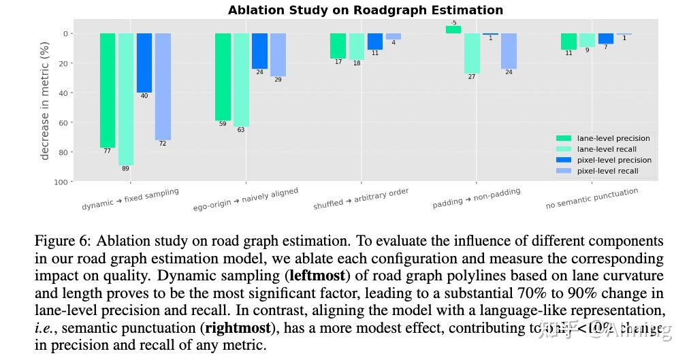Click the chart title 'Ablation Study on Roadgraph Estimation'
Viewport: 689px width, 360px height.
tap(366, 10)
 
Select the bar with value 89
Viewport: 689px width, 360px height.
tap(126, 99)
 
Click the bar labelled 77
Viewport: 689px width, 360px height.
tap(108, 90)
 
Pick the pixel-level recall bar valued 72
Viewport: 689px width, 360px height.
tap(163, 86)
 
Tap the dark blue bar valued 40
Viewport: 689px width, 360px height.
tap(144, 63)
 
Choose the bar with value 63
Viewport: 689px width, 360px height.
tap(241, 80)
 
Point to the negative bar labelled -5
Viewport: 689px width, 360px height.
tap(453, 30)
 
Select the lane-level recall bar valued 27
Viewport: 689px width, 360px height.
tap(472, 53)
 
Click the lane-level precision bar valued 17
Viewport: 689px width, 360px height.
tap(338, 46)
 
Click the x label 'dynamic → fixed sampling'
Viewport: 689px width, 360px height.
tap(130, 199)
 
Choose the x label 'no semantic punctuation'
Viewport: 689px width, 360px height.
tap(592, 198)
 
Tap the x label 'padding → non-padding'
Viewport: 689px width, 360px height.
tap(476, 198)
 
